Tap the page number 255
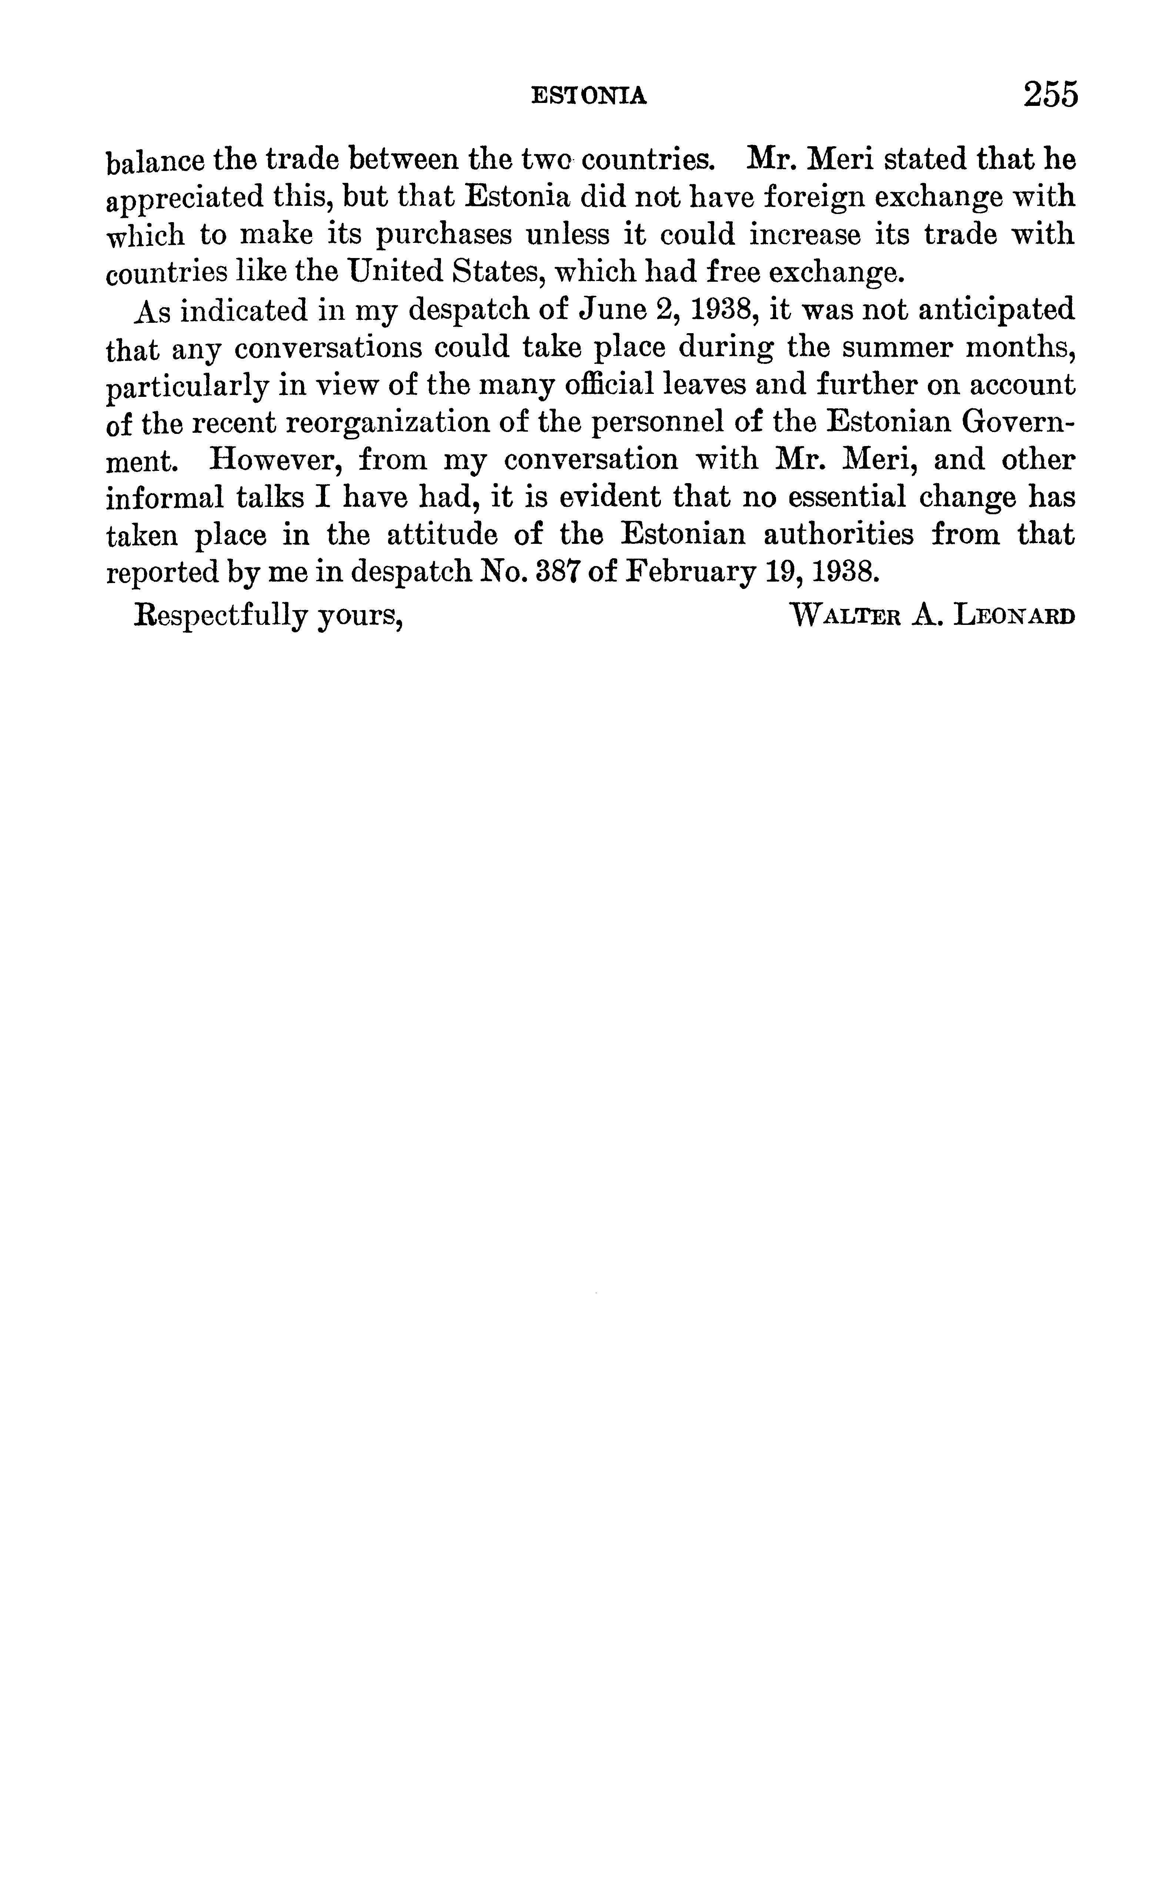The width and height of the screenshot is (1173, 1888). click(1050, 95)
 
